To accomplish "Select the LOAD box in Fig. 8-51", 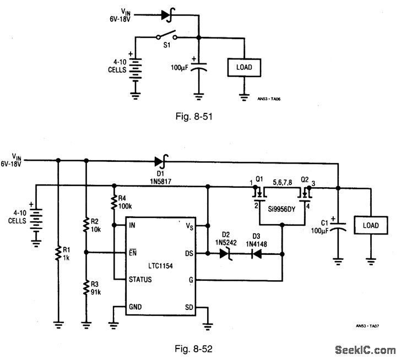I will pyautogui.click(x=243, y=67).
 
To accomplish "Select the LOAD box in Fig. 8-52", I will pyautogui.click(x=371, y=226).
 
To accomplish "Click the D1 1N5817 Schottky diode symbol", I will pyautogui.click(x=161, y=161).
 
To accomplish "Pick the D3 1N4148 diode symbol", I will pyautogui.click(x=256, y=253).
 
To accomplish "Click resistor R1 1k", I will pyautogui.click(x=58, y=253).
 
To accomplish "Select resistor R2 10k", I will pyautogui.click(x=85, y=225).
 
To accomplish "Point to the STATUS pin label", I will pyautogui.click(x=140, y=280).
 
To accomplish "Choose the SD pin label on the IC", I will pyautogui.click(x=189, y=307).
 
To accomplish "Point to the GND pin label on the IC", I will pyautogui.click(x=136, y=307).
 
